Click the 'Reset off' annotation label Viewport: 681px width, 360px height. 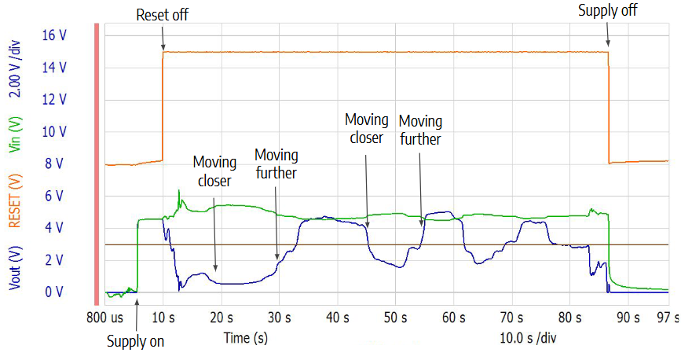tap(163, 15)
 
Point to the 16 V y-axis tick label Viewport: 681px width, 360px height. tap(54, 35)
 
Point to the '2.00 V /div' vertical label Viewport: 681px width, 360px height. tap(13, 72)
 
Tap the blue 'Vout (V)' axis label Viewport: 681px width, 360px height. tap(13, 267)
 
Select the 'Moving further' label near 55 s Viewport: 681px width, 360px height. tap(420, 130)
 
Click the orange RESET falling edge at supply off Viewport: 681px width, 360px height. tap(610, 110)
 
